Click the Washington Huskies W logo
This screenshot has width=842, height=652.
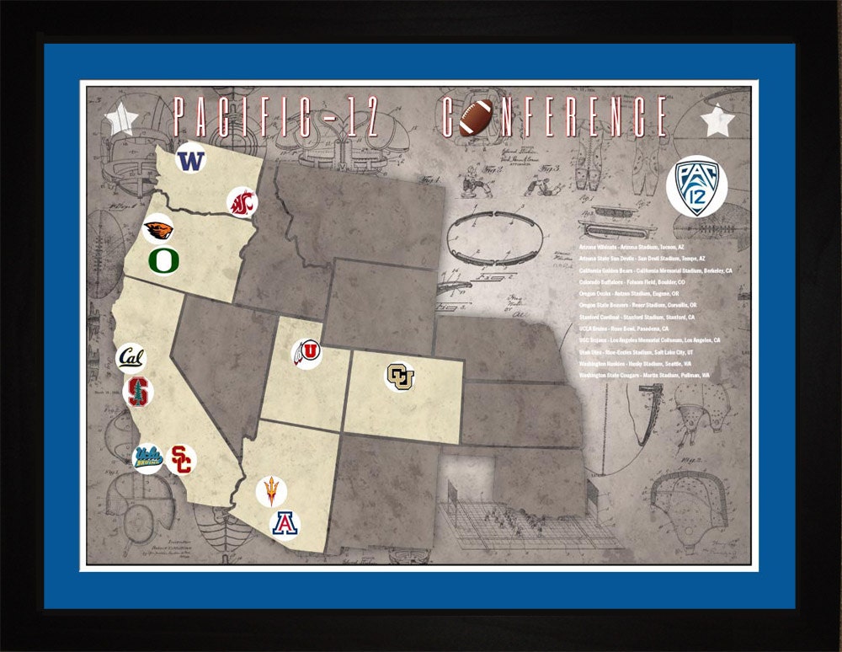tap(191, 159)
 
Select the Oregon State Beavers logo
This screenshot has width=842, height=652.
tap(158, 229)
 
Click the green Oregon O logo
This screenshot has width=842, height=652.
tap(163, 260)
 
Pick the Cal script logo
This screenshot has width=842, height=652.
tap(131, 359)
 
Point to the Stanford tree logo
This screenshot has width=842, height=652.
tap(138, 393)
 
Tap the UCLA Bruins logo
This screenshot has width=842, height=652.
tap(149, 458)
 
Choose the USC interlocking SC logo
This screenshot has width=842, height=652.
tap(181, 459)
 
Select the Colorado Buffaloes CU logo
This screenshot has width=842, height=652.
tap(400, 377)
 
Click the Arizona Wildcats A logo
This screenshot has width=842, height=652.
tap(285, 523)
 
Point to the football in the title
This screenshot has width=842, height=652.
tap(476, 117)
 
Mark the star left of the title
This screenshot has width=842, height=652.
tap(122, 120)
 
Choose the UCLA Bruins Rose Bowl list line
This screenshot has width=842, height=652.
tap(624, 329)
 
